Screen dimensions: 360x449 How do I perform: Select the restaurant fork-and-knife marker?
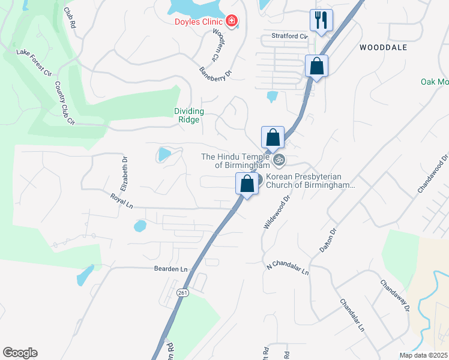click(x=321, y=20)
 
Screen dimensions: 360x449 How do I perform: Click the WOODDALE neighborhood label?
click(x=383, y=47)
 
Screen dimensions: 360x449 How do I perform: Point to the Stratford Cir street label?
click(x=288, y=36)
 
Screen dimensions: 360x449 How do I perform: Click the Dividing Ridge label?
click(x=189, y=115)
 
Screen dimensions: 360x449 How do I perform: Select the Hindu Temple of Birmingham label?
click(x=235, y=161)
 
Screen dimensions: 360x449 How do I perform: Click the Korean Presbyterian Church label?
click(x=310, y=181)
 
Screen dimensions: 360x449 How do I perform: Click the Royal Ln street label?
click(x=122, y=200)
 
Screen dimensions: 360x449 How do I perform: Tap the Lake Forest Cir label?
click(x=34, y=62)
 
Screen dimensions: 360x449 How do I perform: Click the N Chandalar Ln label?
click(x=288, y=268)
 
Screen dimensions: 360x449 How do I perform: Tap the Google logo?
click(x=20, y=353)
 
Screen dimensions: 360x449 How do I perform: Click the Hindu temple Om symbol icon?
click(x=278, y=160)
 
